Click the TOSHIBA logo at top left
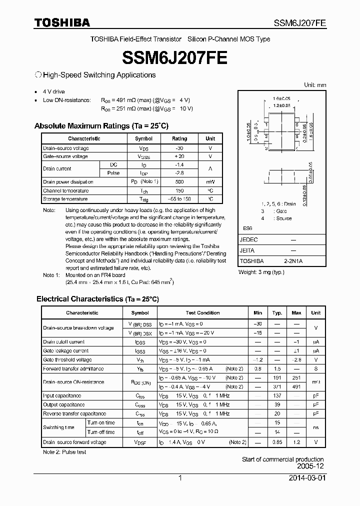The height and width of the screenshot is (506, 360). point(62,22)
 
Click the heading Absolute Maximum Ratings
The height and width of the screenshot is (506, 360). point(101,126)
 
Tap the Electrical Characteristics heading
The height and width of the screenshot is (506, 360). point(97,299)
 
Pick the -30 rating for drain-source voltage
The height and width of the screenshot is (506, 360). point(179,148)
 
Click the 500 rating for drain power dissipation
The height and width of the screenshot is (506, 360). point(179,182)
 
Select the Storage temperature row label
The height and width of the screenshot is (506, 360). point(65,199)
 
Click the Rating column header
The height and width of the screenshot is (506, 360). point(179,138)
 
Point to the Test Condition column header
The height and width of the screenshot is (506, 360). point(202,312)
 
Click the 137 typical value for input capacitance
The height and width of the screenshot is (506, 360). point(277,395)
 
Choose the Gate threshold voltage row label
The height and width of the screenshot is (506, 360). point(67,359)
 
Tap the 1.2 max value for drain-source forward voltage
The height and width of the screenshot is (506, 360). point(296,442)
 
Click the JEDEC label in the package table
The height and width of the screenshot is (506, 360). point(249,240)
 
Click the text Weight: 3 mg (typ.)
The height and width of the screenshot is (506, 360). point(261,272)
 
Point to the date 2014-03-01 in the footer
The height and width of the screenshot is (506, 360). point(307,478)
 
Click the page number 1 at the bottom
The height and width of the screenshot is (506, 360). point(179,478)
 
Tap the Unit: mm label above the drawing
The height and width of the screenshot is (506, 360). point(315,85)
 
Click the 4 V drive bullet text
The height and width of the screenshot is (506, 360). point(54,92)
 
